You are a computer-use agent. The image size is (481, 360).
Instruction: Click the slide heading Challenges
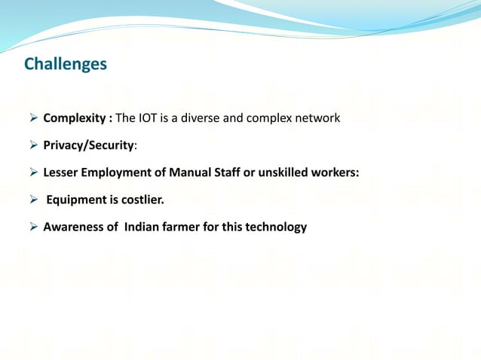click(x=66, y=65)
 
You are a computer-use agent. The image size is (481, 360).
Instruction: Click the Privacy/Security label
click(x=88, y=145)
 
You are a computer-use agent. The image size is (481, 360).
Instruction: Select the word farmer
click(x=182, y=227)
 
